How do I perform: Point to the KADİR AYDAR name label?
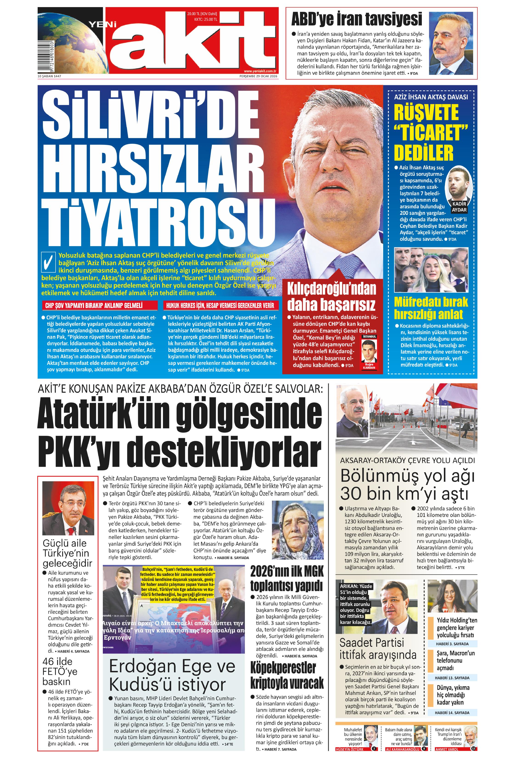459,207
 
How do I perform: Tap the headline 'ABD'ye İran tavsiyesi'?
357,19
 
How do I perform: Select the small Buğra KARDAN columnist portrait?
369,352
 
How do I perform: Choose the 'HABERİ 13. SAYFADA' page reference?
452,678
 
